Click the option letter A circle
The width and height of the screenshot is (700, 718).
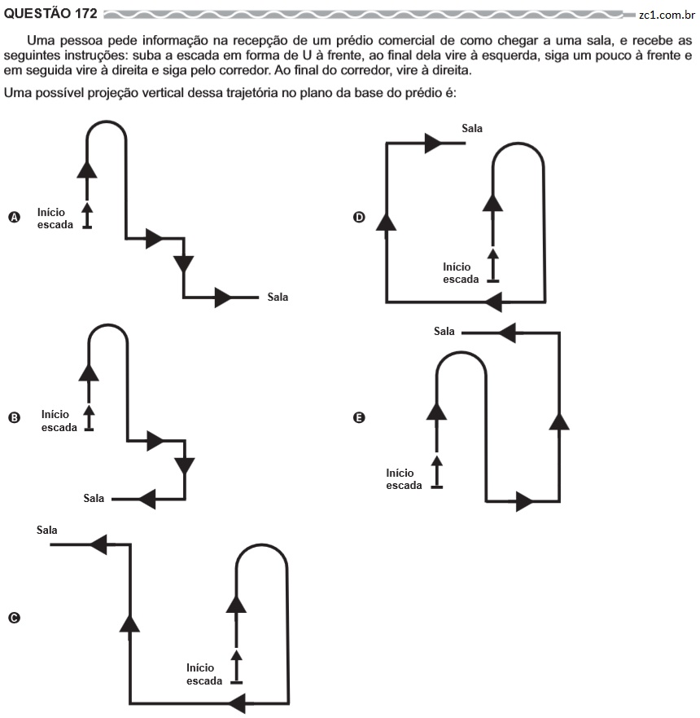15,217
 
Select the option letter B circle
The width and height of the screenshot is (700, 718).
15,417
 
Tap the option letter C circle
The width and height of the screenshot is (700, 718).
15,618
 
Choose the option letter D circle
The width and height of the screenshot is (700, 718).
360,217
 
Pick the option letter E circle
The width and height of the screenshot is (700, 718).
360,417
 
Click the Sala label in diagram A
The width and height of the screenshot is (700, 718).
278,297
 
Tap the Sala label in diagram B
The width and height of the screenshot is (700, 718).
94,498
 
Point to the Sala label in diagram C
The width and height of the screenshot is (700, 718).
47,531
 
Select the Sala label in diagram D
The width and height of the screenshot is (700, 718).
472,128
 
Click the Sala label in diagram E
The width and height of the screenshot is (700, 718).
444,331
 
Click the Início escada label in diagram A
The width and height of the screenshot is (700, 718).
55,218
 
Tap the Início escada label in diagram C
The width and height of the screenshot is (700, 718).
204,675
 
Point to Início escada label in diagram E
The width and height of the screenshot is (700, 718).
405,479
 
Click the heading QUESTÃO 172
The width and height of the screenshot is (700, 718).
50,13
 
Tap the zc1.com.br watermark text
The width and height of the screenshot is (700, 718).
667,15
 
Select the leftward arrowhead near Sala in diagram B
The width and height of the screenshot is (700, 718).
147,499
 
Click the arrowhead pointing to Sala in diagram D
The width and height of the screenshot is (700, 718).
434,143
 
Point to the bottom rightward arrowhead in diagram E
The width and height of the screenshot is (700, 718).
525,501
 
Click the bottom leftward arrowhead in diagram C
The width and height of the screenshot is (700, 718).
237,703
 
